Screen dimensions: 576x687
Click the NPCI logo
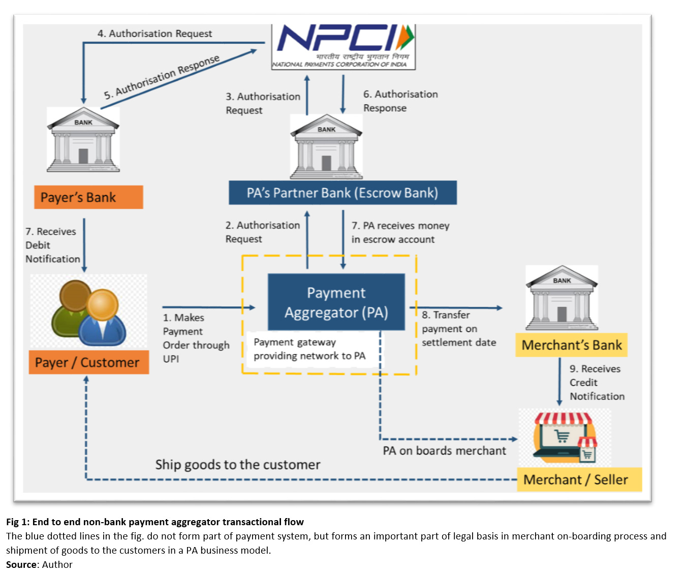pos(344,46)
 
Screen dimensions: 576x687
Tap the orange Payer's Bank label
pos(88,197)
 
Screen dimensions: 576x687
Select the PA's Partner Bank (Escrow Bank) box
pos(342,193)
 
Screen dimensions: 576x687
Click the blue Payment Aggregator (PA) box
pos(336,302)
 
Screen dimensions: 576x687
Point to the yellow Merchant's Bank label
pos(571,345)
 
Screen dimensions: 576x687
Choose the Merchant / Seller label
pos(579,479)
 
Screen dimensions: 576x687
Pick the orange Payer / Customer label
pos(88,363)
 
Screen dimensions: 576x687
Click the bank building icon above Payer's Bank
pos(83,140)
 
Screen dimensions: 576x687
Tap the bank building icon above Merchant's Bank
pos(561,298)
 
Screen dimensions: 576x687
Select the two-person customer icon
pos(88,312)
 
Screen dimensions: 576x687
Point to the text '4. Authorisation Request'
pos(154,34)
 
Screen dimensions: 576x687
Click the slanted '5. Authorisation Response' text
pos(162,77)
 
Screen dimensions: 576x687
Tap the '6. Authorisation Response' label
pos(400,101)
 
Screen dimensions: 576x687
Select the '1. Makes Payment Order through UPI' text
pos(196,338)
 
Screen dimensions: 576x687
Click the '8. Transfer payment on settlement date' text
pos(458,329)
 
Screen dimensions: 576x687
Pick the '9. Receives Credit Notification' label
pos(597,382)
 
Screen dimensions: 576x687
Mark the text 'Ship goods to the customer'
pos(238,465)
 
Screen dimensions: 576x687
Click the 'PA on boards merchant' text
pos(444,451)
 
